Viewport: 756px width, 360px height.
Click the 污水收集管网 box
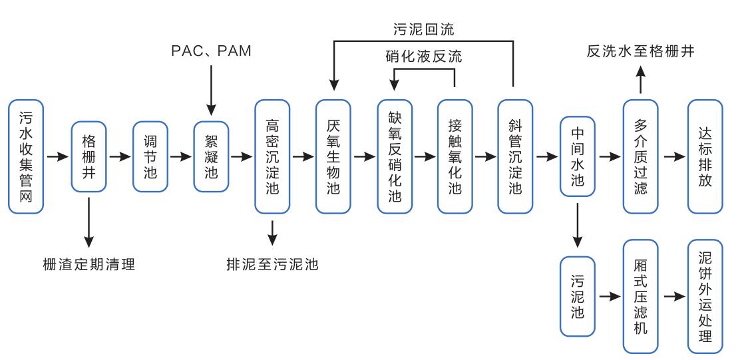pos(27,156)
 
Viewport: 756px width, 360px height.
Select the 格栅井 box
pos(89,156)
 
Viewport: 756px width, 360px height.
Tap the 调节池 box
pos(150,156)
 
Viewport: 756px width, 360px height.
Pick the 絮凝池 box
pos(211,156)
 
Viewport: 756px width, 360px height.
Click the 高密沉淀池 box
pos(272,156)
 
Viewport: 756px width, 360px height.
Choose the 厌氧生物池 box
pos(333,156)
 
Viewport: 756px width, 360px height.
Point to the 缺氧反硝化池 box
pos(395,156)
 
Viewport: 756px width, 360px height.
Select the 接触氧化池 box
pos(455,156)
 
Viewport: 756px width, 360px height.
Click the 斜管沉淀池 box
pos(516,156)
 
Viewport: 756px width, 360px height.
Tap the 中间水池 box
pos(578,156)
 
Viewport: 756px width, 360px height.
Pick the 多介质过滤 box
pos(640,156)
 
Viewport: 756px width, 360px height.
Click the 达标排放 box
pos(705,156)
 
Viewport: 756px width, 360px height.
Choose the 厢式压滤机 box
pos(640,296)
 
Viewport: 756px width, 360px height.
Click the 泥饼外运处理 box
pos(705,296)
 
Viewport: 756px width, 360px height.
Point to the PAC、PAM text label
pos(211,51)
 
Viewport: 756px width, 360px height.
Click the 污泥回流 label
pos(423,29)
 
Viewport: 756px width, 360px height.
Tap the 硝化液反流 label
pos(423,57)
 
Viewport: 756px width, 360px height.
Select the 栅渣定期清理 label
pos(89,264)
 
